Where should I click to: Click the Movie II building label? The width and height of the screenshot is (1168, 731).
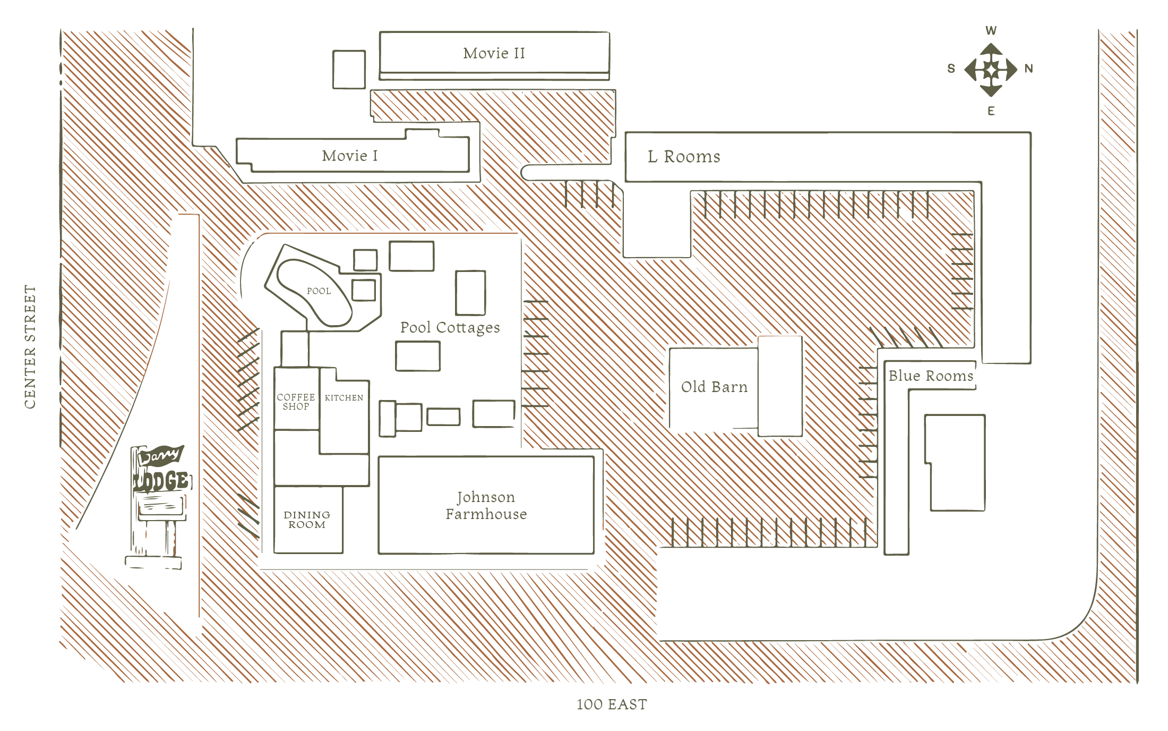tap(494, 53)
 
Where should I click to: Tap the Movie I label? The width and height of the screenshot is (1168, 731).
tap(350, 156)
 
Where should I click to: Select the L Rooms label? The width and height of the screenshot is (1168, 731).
tap(684, 157)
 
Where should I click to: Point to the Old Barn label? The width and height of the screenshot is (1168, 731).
tap(714, 387)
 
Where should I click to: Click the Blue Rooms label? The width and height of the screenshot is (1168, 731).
tap(931, 376)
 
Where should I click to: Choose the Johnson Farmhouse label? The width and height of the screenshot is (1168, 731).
tap(486, 505)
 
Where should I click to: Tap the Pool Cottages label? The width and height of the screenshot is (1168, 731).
tap(450, 328)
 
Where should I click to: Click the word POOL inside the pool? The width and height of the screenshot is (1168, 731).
tap(319, 291)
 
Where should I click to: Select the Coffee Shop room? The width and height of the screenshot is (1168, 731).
tap(296, 402)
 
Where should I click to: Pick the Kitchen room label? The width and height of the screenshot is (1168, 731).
tap(344, 398)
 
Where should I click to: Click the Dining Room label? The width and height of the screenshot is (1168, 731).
tap(307, 520)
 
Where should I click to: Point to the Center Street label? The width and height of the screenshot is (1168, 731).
tap(30, 347)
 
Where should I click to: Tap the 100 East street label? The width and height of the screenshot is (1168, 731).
tap(612, 704)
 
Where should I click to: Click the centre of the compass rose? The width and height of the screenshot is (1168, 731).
tap(991, 70)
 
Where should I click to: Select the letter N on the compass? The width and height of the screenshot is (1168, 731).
tap(1028, 69)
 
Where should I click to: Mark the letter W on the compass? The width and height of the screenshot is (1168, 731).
tap(991, 31)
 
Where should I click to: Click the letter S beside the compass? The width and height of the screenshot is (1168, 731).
tap(951, 69)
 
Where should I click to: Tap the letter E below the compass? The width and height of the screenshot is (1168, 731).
tap(991, 111)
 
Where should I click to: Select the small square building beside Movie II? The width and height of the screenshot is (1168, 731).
tap(349, 69)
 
